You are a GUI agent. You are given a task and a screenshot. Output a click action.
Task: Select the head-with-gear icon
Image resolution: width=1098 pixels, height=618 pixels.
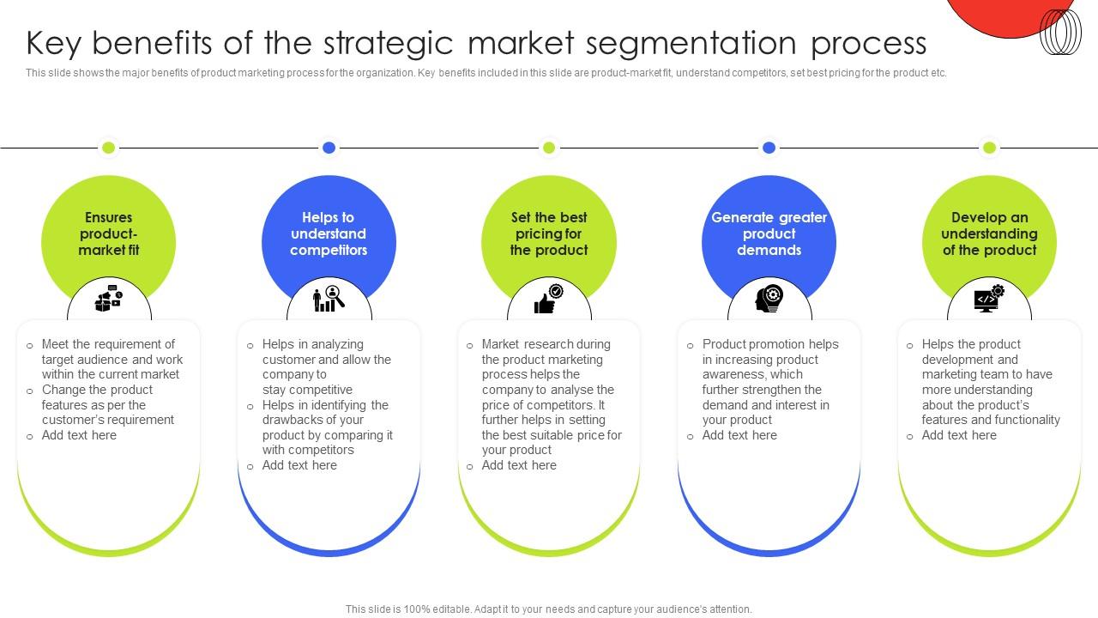coord(769,298)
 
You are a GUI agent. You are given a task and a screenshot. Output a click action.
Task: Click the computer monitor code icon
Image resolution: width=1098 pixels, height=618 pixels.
coord(989,298)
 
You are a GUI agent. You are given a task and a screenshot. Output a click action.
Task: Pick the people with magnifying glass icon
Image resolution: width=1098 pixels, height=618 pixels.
coord(329,298)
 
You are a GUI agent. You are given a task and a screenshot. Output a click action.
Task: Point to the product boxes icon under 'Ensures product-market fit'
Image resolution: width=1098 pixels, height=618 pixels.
coord(109,298)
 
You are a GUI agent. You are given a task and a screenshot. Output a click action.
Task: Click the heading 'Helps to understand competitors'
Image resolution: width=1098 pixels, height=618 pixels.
coord(329,233)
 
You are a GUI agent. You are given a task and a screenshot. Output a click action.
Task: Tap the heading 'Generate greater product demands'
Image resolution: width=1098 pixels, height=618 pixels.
coord(769,233)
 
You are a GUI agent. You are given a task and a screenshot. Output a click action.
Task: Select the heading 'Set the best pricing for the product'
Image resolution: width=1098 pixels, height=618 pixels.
coord(549,233)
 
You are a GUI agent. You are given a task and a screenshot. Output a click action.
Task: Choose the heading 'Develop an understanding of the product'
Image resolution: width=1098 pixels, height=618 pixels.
coord(989,233)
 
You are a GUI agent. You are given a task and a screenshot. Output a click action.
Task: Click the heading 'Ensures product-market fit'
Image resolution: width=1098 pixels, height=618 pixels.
coord(109,233)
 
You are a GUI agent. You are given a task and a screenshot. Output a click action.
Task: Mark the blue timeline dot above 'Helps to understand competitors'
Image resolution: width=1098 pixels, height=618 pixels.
coord(329,148)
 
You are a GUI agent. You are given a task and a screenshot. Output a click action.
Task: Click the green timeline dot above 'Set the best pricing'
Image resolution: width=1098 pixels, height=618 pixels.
coord(549,148)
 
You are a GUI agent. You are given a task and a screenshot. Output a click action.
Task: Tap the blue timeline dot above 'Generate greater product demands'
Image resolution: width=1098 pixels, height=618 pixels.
coord(769,148)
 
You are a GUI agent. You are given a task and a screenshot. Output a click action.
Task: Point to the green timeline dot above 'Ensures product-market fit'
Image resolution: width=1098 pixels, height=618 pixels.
coord(109,148)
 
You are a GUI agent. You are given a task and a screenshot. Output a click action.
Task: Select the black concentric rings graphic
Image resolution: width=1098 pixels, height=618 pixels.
coord(1060,33)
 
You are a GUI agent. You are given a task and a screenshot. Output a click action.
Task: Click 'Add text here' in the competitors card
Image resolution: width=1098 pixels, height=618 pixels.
coord(299,465)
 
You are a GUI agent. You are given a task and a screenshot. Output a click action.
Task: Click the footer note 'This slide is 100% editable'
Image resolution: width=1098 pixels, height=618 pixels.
coord(549,609)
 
